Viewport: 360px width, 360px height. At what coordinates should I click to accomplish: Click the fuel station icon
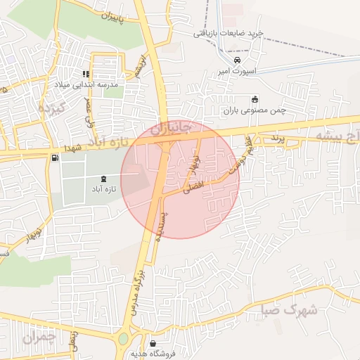(x=55, y=157)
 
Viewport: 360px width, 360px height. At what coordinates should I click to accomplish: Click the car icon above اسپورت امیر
(x=238, y=60)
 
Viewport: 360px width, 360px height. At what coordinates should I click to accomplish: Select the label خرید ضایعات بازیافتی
(x=229, y=33)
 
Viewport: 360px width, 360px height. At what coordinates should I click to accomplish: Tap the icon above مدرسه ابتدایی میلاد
(x=85, y=74)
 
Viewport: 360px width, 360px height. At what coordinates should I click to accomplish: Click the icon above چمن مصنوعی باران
(x=254, y=99)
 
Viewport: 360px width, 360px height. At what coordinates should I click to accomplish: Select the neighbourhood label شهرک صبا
(x=288, y=309)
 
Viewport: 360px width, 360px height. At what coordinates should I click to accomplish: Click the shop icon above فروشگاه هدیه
(x=153, y=343)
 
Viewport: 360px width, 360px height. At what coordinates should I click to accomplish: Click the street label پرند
(x=276, y=140)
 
